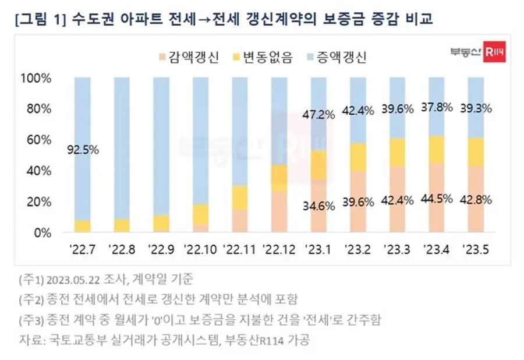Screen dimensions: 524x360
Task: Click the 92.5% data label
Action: [x=83, y=150]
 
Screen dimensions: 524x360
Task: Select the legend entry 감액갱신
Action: [x=189, y=58]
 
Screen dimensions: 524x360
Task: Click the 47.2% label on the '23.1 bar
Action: [x=319, y=114]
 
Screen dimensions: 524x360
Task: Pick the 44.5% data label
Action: [x=437, y=198]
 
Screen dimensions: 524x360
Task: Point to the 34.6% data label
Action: [x=319, y=205]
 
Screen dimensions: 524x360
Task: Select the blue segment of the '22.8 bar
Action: [x=122, y=146]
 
